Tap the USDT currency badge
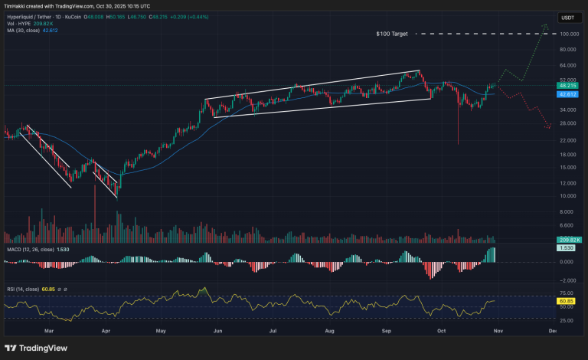pos(567,17)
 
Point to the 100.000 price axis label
pos(568,34)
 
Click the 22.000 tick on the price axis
pos(568,140)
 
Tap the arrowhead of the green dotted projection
pos(544,27)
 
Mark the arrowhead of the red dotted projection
pos(549,127)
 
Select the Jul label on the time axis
pos(273,332)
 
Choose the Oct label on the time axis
pos(441,332)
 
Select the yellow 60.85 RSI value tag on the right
pos(567,301)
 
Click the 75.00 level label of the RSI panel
pos(567,293)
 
